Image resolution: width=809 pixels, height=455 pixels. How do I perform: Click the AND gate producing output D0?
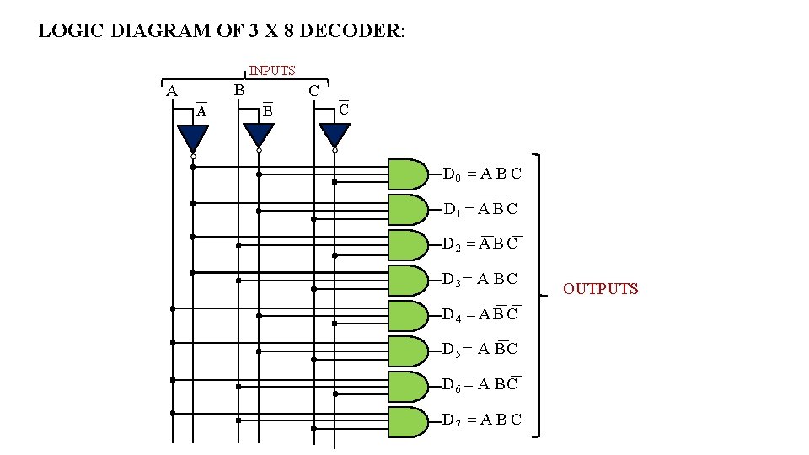click(x=408, y=174)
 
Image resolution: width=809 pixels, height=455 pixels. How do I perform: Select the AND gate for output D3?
click(x=408, y=280)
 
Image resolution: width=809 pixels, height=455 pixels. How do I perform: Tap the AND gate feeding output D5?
click(x=408, y=350)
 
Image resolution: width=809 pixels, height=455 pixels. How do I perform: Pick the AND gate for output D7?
click(x=408, y=421)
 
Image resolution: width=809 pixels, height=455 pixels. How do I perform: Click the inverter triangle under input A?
click(x=193, y=137)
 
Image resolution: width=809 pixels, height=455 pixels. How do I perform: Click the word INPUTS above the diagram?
click(x=271, y=71)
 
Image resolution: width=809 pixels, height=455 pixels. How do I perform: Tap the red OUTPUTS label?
click(x=601, y=289)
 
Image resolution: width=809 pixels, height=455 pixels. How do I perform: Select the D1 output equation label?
click(x=480, y=209)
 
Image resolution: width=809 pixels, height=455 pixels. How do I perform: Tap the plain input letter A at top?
click(x=172, y=91)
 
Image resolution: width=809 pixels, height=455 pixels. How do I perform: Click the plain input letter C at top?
click(x=313, y=91)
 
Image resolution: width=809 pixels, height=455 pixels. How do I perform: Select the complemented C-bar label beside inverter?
click(x=344, y=110)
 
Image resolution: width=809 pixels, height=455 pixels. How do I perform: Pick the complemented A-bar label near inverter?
click(x=201, y=111)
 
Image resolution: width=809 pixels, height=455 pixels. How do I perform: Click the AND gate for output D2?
click(x=408, y=244)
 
